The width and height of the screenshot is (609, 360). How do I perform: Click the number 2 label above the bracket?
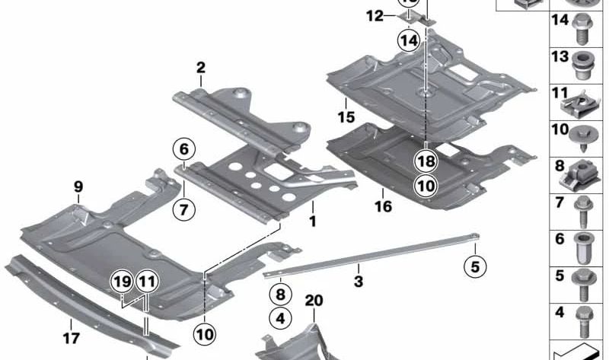point(201,68)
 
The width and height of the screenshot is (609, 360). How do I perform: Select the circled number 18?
point(426,161)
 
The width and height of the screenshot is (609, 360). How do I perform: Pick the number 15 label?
point(346,117)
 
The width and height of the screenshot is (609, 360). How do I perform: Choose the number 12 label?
point(374,15)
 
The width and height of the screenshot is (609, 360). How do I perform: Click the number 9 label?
point(78,186)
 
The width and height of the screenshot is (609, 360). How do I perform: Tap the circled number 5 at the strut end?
point(475,266)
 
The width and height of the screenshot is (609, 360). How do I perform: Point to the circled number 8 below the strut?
point(279,293)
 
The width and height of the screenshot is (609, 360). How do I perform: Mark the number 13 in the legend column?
point(560,57)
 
